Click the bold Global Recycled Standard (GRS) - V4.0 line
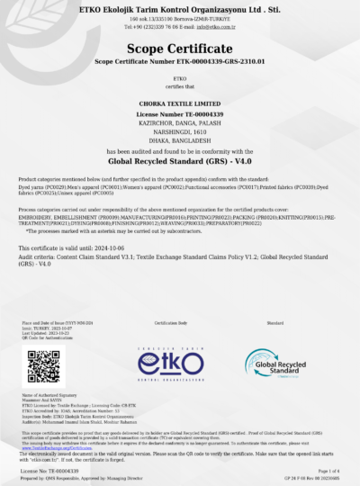pos(180,159)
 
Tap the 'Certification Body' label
pos(170,321)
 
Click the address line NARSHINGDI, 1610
pos(180,130)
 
